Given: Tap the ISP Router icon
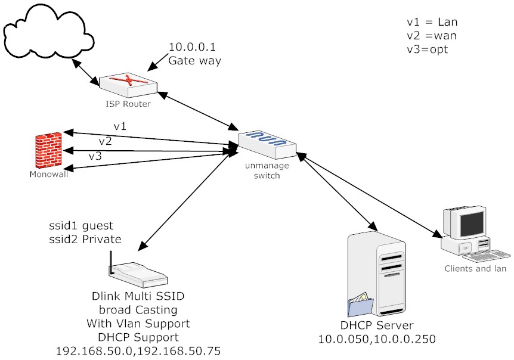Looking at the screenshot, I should pos(128,85).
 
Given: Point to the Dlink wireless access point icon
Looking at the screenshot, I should pos(137,272).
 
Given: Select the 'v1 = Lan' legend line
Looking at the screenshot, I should pos(432,22).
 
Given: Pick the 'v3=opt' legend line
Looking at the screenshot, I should pos(428,49).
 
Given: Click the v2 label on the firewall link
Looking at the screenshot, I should pos(106,141).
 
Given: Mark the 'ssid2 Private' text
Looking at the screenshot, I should pos(85,240).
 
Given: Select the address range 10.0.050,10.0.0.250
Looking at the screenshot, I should pos(376,339).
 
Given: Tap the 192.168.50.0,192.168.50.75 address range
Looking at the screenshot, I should pos(138,350).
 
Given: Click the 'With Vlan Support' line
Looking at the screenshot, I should pos(138,324).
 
